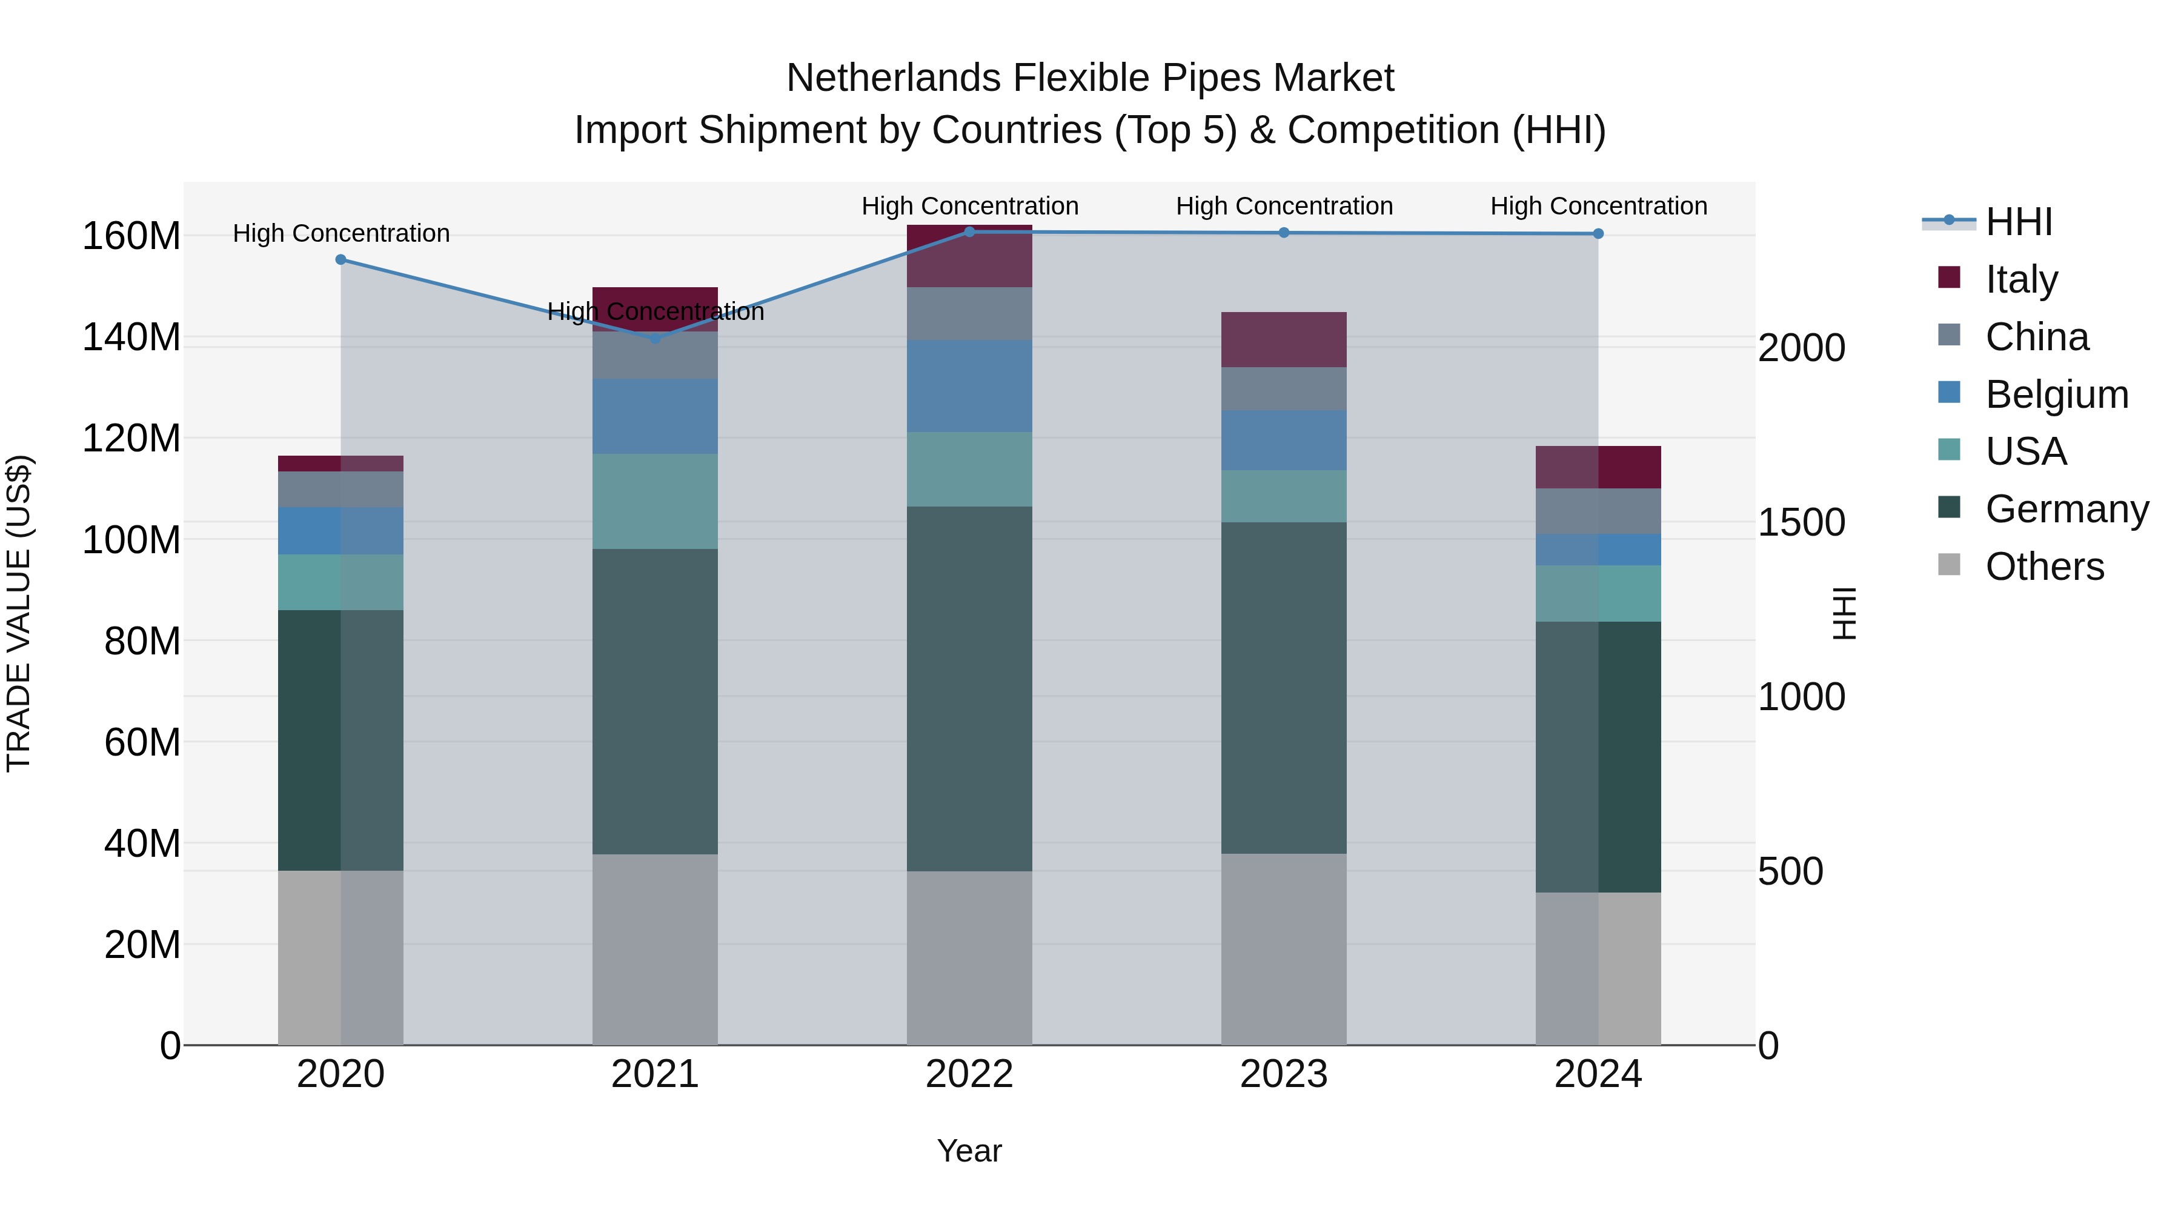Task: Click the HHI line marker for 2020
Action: (340, 260)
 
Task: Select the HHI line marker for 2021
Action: (656, 339)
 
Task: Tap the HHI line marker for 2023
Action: (1284, 233)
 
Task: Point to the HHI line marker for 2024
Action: (1598, 234)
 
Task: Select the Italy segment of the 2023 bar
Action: (1284, 339)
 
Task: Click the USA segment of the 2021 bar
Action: (656, 501)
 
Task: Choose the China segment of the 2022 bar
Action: (969, 313)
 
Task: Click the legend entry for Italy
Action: (2021, 279)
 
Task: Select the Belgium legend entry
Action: (2057, 394)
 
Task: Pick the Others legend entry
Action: (2044, 567)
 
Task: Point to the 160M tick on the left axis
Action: (131, 236)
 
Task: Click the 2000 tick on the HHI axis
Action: (1802, 348)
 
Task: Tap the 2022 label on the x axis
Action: (969, 1074)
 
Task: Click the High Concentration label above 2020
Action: (341, 234)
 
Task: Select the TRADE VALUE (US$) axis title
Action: (19, 613)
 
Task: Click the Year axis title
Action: (969, 1151)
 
